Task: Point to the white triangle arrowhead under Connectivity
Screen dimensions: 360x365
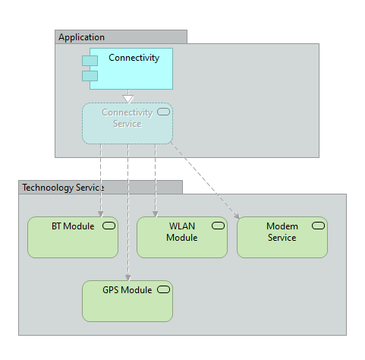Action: tap(128, 98)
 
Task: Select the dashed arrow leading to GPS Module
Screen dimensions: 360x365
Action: tap(127, 213)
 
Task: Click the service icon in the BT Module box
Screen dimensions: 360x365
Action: tap(109, 226)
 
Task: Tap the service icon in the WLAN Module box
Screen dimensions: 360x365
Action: tap(218, 226)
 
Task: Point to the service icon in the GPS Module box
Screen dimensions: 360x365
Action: tap(163, 289)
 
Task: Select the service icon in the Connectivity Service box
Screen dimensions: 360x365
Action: tap(163, 112)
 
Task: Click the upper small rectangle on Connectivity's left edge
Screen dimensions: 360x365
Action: tap(90, 61)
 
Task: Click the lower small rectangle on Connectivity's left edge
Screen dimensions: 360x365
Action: tap(90, 75)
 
